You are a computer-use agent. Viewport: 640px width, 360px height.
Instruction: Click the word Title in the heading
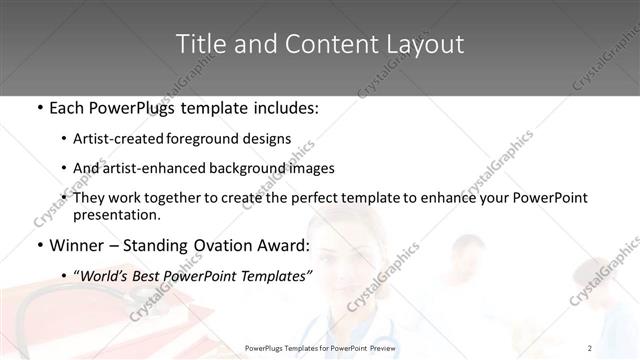pyautogui.click(x=198, y=44)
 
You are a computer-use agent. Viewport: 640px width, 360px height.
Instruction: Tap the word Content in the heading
pyautogui.click(x=309, y=44)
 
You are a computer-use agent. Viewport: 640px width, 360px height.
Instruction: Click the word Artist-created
pyautogui.click(x=127, y=139)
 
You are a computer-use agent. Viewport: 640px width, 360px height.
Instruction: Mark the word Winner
pyautogui.click(x=79, y=244)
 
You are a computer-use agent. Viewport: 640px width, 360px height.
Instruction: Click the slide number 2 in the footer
pyautogui.click(x=590, y=347)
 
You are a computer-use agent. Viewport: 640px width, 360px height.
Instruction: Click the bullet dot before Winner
pyautogui.click(x=39, y=245)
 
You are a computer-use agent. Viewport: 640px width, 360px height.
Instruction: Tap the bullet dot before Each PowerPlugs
pyautogui.click(x=39, y=107)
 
